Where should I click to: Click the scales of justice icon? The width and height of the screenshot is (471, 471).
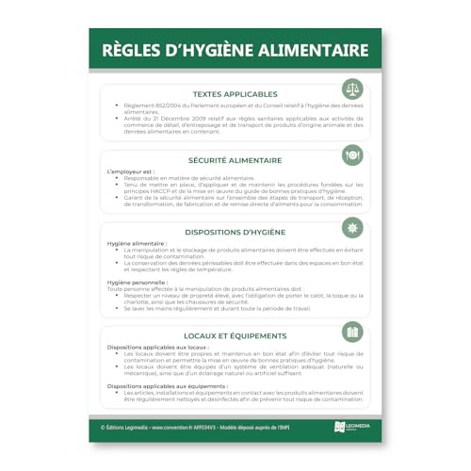(352, 89)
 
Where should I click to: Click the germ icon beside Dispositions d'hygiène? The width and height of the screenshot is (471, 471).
(352, 226)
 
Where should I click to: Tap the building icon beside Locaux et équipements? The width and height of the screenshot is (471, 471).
(352, 331)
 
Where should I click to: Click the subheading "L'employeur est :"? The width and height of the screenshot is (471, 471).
(131, 171)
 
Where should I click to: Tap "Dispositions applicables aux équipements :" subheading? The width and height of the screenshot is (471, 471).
(166, 385)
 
